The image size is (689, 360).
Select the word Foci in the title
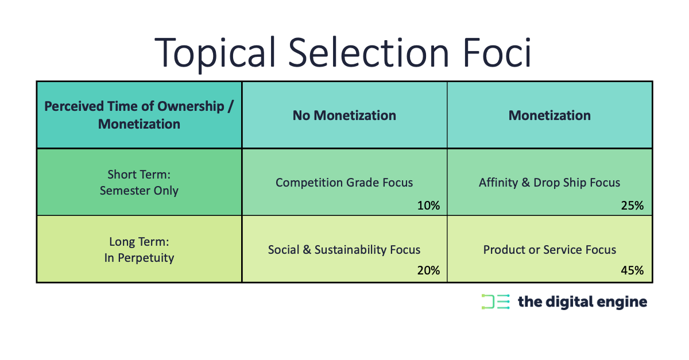497,52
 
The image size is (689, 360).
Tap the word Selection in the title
369,52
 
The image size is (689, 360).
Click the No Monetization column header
344,115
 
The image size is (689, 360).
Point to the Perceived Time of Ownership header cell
139,115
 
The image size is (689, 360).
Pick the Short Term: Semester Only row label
139,183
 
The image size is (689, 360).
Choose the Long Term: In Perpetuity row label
139,250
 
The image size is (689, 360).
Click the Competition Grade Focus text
344,183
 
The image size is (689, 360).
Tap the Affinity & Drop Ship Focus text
549,183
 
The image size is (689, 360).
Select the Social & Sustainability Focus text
344,250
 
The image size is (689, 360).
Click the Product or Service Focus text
549,250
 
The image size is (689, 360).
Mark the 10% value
428,205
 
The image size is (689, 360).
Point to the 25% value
632,205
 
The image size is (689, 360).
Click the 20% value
428,270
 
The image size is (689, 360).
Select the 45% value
632,270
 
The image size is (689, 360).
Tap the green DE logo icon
496,301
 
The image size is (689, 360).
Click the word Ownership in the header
191,107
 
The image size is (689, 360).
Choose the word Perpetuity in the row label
146,258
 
